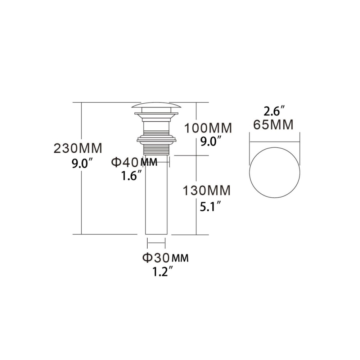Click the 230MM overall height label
tap(78, 148)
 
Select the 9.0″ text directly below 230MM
tap(83, 164)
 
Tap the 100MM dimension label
tap(208, 128)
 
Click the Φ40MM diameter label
tap(134, 162)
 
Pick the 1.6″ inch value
tap(131, 176)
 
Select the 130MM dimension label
tap(207, 190)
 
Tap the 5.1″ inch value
tap(210, 206)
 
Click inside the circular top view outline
tap(275, 172)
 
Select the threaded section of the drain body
tap(156, 149)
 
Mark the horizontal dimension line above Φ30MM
tap(156, 242)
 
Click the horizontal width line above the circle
tap(275, 141)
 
